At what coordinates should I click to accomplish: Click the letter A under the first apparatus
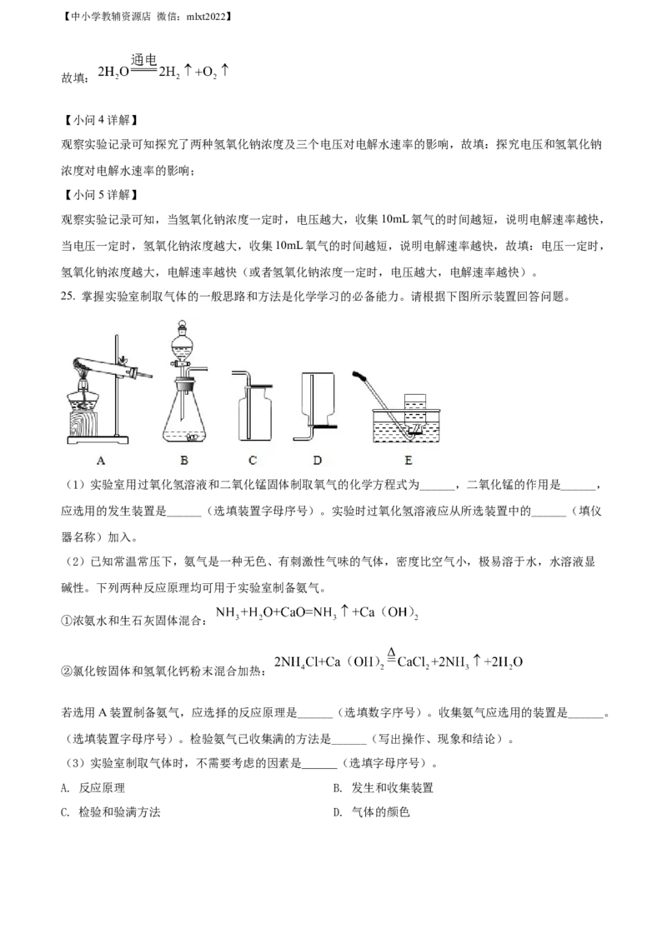click(x=101, y=459)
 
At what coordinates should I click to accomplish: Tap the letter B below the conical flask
click(x=184, y=459)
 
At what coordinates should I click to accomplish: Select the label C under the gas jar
click(x=253, y=459)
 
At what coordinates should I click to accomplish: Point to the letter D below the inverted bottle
click(x=318, y=459)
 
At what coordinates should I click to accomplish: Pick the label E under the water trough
click(x=408, y=459)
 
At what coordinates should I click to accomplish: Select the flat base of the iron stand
click(x=96, y=438)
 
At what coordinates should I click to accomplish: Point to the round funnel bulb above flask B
click(x=184, y=344)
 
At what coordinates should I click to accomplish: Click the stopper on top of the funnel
click(x=184, y=326)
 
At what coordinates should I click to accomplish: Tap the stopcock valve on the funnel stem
click(x=184, y=365)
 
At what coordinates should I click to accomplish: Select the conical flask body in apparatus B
click(x=184, y=417)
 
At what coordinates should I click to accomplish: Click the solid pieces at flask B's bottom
click(x=191, y=436)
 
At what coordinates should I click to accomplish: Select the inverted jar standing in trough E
click(x=415, y=403)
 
